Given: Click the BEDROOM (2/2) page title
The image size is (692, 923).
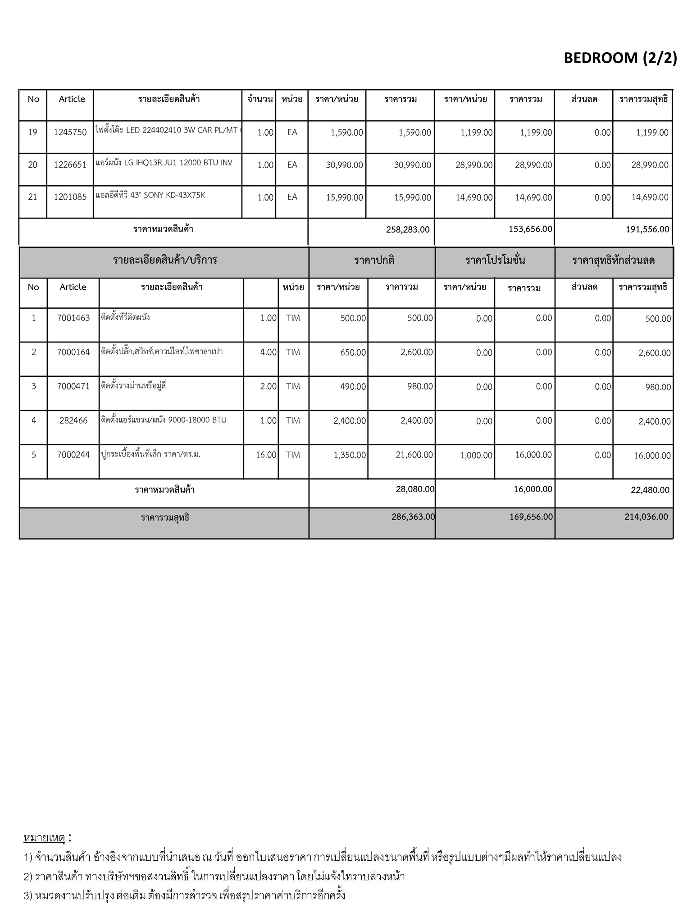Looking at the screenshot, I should coord(620,58).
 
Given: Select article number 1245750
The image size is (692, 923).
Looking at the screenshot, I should coord(70,133).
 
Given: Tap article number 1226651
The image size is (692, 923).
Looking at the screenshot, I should coord(70,165).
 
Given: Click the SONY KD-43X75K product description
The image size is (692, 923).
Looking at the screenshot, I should coord(150,196).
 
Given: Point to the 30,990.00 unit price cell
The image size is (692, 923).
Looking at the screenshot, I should coord(344,165).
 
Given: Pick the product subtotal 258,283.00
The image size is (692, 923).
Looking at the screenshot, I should coord(407,229).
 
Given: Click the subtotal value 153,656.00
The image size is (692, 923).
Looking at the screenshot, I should coord(530,229).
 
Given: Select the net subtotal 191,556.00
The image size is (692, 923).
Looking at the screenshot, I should coord(647,229).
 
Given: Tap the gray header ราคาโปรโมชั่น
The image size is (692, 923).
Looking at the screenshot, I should coord(495,260).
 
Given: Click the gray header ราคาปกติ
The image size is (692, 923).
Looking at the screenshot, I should coord(374,260).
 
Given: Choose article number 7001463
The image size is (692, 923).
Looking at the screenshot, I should coord(73,318).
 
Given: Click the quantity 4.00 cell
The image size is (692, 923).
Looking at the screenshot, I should coord(268,352).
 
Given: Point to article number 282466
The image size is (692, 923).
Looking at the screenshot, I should coord(73,420).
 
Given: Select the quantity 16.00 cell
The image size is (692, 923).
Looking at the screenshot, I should coord(266,455).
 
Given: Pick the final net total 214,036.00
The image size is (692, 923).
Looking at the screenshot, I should coord(646,517).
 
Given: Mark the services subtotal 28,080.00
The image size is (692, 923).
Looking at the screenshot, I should coord(415,489).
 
